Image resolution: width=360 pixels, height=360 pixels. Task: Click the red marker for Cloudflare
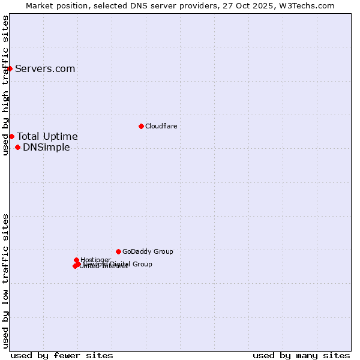[141, 126]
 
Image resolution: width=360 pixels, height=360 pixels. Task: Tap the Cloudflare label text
[161, 126]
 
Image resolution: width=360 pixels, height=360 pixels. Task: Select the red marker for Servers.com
[10, 68]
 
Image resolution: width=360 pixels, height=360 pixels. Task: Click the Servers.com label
[45, 68]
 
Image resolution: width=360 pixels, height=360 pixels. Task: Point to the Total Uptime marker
[11, 136]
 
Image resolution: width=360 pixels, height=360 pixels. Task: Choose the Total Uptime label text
[47, 136]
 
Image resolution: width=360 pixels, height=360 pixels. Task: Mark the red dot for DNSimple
[17, 147]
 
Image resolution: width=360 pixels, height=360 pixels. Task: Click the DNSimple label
[46, 148]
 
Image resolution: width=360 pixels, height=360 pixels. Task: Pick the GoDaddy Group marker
[118, 251]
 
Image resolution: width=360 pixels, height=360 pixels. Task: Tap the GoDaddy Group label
[148, 252]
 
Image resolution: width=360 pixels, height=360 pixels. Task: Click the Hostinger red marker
[76, 260]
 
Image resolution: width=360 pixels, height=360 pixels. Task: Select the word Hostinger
[96, 260]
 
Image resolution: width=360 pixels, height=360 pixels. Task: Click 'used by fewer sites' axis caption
[62, 355]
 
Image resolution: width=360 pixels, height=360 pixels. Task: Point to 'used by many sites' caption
[301, 355]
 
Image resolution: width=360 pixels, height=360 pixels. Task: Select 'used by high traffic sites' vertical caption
[5, 85]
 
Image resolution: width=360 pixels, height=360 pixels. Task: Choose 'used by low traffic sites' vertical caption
[5, 281]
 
